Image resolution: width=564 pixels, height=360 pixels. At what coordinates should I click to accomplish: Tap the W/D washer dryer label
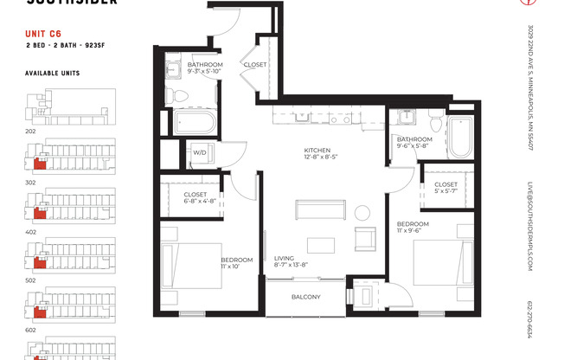[x=199, y=152]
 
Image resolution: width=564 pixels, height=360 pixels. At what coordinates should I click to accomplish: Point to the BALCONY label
[x=305, y=298]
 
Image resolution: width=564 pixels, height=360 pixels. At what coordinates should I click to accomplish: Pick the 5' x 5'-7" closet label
[x=445, y=188]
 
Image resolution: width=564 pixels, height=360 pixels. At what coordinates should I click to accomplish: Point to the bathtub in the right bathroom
[x=458, y=136]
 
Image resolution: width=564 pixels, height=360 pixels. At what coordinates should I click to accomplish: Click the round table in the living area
[x=359, y=212]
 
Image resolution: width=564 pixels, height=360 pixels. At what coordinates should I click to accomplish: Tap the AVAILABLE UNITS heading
[x=52, y=74]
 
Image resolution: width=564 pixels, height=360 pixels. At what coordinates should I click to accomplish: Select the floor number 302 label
[x=30, y=183]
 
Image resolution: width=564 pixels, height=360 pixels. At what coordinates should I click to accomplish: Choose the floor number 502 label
[x=30, y=280]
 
